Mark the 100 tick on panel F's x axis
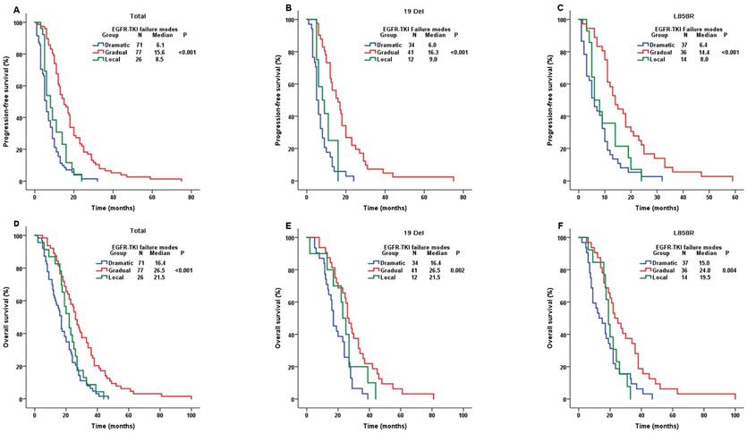coord(733,409)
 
